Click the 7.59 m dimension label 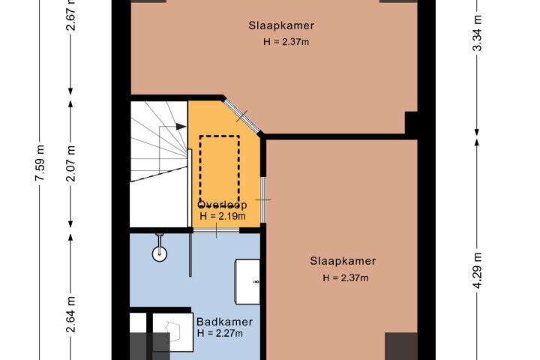coord(40,163)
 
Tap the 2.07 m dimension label coord(71,163)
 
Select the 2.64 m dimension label coord(71,314)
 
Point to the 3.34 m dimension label coord(477,33)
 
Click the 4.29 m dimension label coord(477,271)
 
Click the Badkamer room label coord(224,322)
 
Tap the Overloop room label coord(222,205)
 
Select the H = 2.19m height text coord(223,216)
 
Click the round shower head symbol coord(160,254)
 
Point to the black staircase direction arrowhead coord(181,127)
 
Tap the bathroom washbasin coord(247,282)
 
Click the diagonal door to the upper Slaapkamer coord(241,115)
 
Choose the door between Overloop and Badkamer coord(216,230)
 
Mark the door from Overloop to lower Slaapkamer coord(263,199)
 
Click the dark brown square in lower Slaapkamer coord(400,346)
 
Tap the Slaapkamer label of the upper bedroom coord(281,25)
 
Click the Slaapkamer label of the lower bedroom coord(343,261)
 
